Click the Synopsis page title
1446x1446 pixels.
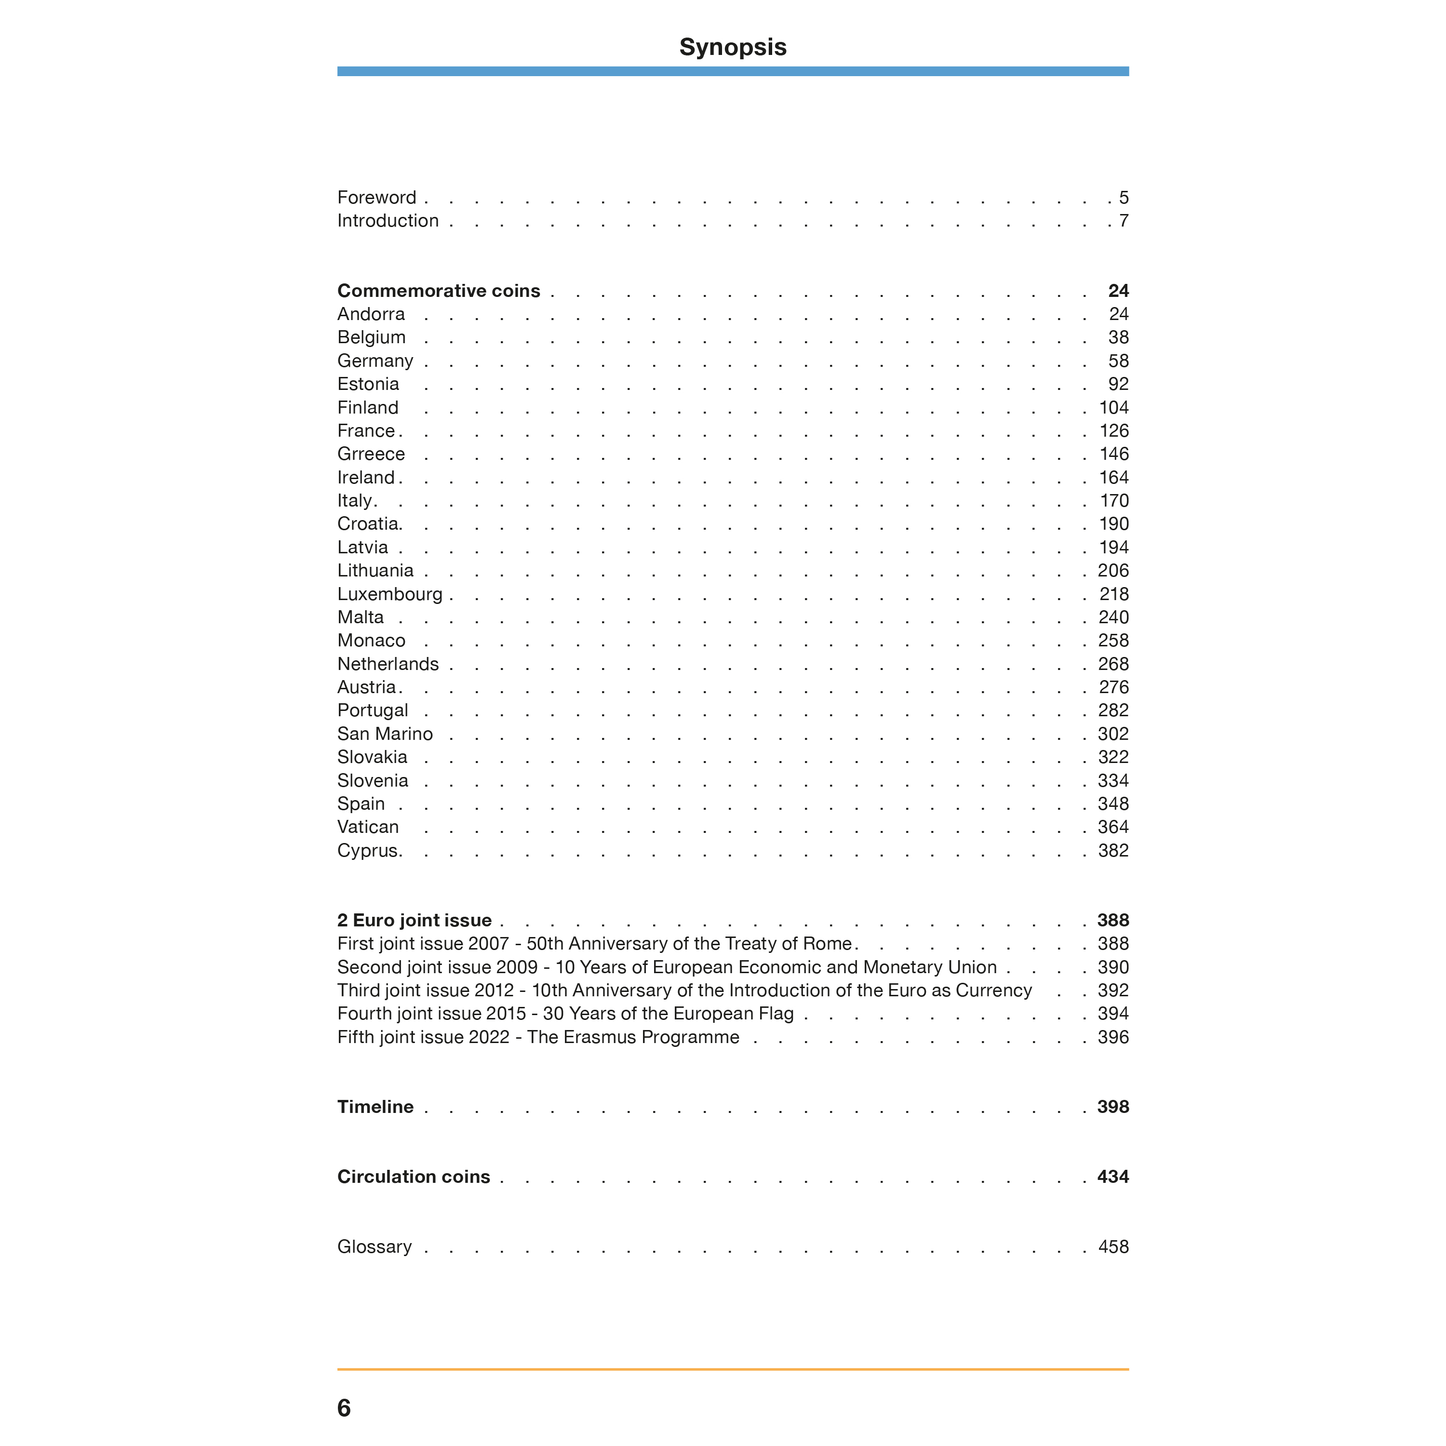point(732,47)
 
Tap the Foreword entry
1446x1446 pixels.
point(376,198)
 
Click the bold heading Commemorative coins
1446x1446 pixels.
point(439,291)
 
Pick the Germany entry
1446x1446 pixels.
point(375,361)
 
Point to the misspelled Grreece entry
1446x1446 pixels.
point(371,455)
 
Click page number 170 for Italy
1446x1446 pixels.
point(1114,501)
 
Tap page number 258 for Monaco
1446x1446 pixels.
point(1113,641)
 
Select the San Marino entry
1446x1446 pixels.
point(385,734)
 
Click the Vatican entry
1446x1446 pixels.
point(368,827)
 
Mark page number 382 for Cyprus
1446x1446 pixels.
point(1113,851)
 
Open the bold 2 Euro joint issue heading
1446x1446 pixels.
point(415,921)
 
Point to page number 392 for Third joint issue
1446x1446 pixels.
point(1113,991)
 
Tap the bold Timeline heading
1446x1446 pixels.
point(375,1107)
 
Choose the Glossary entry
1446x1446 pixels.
point(374,1247)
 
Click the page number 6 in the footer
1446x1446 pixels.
point(344,1408)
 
